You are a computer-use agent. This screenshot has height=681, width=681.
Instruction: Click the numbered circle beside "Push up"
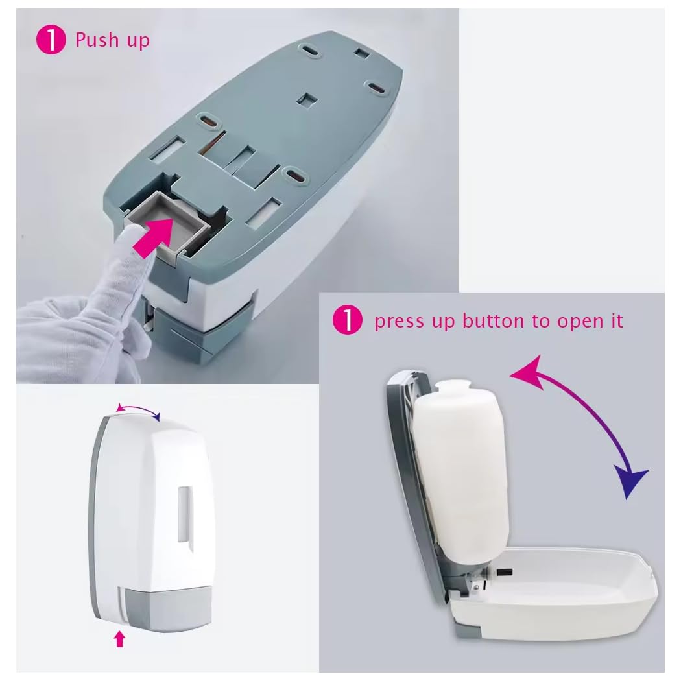point(51,40)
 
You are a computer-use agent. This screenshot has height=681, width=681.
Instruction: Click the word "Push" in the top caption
point(97,40)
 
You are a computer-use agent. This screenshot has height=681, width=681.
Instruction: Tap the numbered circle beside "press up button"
point(348,320)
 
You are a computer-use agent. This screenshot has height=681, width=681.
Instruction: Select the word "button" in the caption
point(494,322)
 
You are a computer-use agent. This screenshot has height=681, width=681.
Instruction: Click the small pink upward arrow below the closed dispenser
point(120,639)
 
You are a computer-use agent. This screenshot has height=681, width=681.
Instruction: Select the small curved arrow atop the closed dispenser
point(138,408)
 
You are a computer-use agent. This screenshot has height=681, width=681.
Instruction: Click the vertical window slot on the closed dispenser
point(184,514)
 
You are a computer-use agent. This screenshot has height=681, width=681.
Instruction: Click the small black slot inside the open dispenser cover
point(505,573)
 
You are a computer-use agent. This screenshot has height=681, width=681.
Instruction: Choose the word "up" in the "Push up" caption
point(138,42)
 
